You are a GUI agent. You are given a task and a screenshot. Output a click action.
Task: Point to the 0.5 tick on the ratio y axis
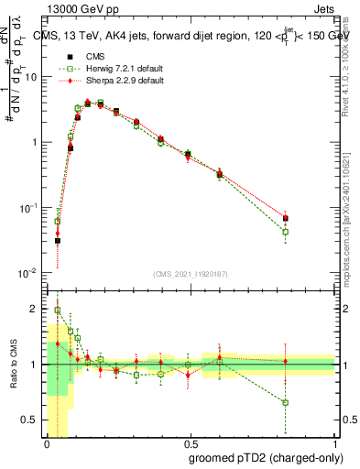[32, 420]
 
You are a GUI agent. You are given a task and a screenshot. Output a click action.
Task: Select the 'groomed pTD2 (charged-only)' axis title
[261, 458]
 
